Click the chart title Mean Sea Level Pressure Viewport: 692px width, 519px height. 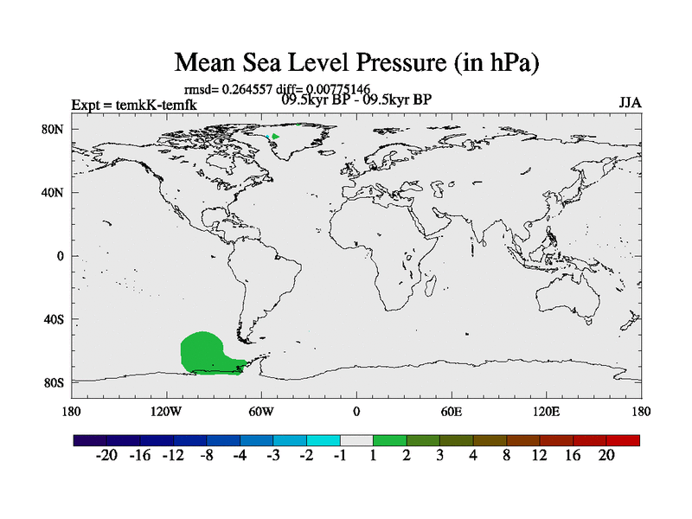357,63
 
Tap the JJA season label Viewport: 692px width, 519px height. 630,102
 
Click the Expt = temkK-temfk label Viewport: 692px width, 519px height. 134,106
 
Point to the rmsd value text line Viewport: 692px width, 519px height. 278,88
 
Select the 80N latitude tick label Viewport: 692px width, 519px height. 54,130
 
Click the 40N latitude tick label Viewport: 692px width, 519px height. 54,193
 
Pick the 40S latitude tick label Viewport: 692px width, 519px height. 54,319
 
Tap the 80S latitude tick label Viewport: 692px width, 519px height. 54,382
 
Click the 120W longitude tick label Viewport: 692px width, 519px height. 165,411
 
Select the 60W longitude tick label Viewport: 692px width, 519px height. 260,411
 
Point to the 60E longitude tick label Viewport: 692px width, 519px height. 451,411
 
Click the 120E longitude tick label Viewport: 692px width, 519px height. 545,411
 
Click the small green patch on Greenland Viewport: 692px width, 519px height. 275,137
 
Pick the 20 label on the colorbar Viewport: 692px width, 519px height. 605,456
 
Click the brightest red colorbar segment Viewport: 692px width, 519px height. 623,440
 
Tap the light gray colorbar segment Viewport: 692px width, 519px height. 356,440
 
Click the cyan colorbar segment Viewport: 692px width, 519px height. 323,440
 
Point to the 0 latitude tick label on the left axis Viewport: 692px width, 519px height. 61,256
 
